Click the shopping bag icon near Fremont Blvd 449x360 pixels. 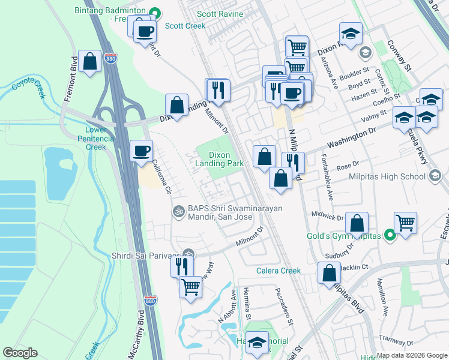tap(90, 61)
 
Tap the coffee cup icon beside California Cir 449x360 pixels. tap(142, 151)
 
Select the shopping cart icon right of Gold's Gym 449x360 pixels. tap(406, 223)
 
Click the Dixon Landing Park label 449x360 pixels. tap(222, 159)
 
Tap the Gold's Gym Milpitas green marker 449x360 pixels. tap(390, 236)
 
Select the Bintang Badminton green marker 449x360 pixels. tap(155, 11)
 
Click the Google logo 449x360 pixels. tap(20, 353)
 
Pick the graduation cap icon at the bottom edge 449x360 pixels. tap(257, 343)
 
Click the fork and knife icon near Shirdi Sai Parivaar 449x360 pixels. tap(182, 265)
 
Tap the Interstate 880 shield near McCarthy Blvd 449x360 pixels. tap(151, 301)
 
